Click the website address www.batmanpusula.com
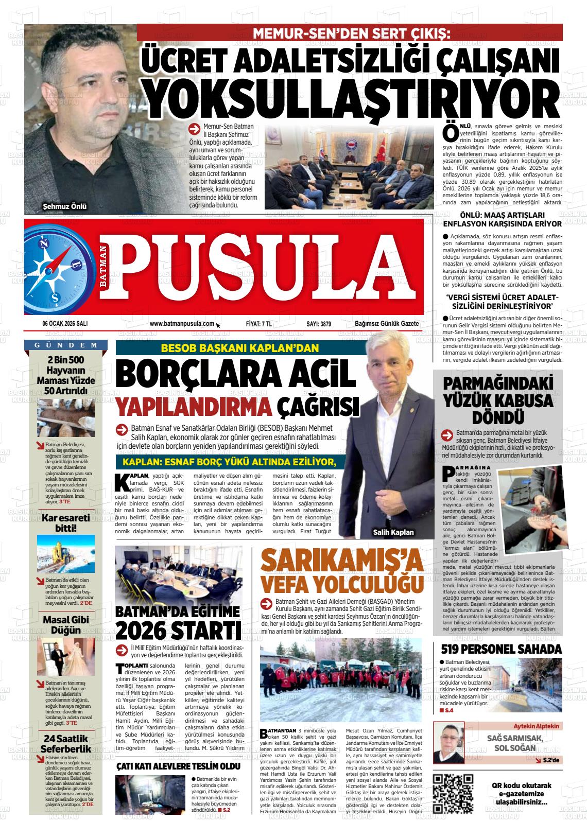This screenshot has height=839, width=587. click(x=182, y=324)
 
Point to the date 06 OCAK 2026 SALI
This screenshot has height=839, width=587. click(x=65, y=324)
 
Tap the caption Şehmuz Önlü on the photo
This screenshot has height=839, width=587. click(x=65, y=207)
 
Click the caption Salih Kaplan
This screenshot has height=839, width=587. click(x=393, y=533)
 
